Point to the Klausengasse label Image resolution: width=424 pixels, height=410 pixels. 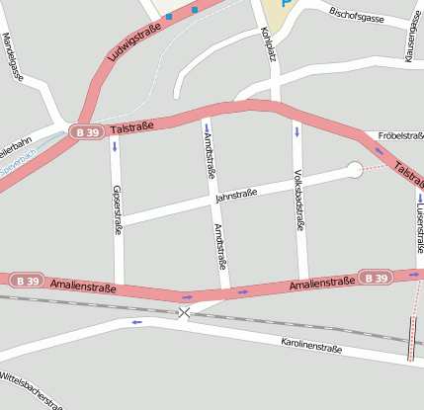click(408, 43)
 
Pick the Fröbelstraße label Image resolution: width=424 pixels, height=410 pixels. click(400, 136)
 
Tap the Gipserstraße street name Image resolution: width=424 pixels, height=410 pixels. click(117, 210)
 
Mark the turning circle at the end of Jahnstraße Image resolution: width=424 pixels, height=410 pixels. click(354, 171)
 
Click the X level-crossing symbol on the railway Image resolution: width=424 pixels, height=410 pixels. click(184, 313)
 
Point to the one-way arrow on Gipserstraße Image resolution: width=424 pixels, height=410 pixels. click(116, 147)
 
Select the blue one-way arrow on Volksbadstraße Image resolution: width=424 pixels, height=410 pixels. click(296, 130)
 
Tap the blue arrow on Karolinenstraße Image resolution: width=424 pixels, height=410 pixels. click(137, 322)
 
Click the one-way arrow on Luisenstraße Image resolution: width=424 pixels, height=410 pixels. click(419, 198)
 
